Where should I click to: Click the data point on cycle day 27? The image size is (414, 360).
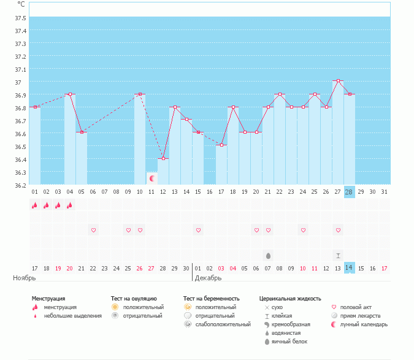click(x=338, y=81)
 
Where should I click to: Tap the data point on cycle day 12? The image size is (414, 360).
click(x=163, y=159)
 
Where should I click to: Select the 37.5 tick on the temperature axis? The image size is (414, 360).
click(x=20, y=18)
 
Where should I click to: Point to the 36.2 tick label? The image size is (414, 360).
click(x=20, y=186)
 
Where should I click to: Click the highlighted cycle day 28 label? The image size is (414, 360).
click(x=349, y=192)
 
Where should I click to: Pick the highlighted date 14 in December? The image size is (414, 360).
click(x=349, y=268)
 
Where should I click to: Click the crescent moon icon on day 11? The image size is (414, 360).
click(x=152, y=178)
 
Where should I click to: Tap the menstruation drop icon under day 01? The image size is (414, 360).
click(x=34, y=205)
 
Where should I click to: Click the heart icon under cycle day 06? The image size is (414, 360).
click(x=93, y=230)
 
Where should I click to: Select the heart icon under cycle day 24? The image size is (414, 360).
click(x=303, y=230)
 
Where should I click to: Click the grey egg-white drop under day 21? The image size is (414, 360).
click(x=268, y=256)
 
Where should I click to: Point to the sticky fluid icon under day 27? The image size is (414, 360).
click(x=338, y=256)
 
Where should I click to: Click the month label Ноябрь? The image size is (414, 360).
click(x=25, y=278)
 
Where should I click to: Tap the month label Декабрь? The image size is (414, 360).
click(x=208, y=278)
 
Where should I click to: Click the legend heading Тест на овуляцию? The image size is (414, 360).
click(x=134, y=299)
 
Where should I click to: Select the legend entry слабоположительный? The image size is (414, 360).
click(x=223, y=324)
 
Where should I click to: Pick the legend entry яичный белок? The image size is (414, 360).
click(x=289, y=342)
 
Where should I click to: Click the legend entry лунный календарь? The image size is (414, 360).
click(x=364, y=324)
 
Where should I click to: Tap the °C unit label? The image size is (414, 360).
click(x=21, y=4)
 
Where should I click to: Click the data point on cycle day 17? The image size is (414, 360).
click(x=221, y=145)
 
